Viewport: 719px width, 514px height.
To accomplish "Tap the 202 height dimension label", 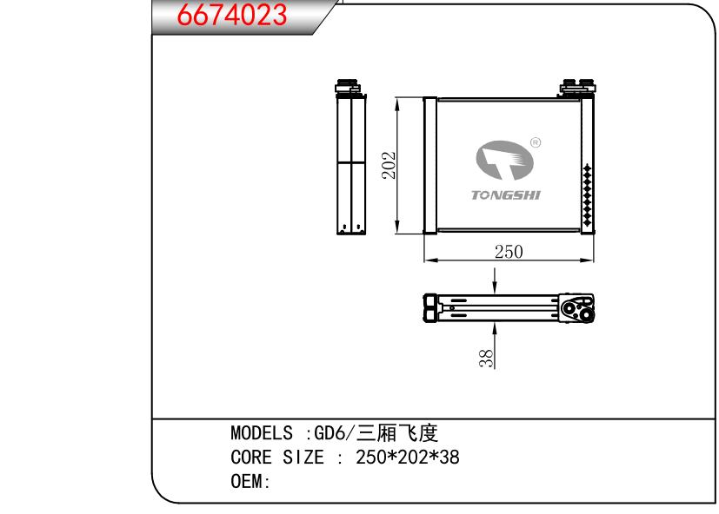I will point(389,165).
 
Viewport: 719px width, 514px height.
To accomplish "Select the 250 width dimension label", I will point(508,252).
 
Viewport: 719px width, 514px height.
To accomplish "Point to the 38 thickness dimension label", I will point(488,357).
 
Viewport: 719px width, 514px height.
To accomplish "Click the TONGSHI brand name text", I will point(505,194).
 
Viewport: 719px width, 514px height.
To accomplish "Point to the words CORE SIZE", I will point(271,458).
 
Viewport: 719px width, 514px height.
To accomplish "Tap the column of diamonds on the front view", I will point(588,196).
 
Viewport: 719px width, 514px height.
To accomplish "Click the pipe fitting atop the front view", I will point(576,89).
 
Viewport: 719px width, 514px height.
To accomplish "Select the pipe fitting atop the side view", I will point(348,88).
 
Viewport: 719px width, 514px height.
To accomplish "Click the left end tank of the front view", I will point(429,165).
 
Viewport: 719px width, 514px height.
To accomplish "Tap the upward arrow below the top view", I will point(495,333).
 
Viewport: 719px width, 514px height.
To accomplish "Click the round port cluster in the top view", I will point(575,308).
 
